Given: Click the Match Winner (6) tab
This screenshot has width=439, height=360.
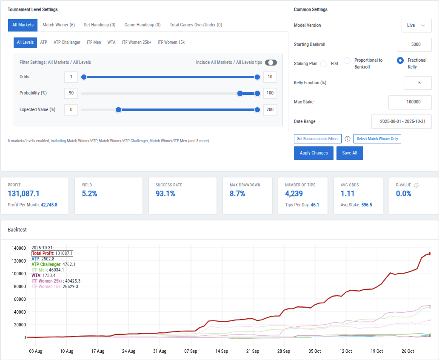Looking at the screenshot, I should (x=59, y=25).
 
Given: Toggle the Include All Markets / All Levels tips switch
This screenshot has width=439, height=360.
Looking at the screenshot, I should (x=271, y=63).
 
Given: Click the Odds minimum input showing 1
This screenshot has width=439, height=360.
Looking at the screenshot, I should (x=71, y=77).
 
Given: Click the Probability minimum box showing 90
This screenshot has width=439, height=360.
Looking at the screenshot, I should (x=71, y=93).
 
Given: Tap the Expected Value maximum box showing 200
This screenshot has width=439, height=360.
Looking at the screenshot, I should (x=270, y=110).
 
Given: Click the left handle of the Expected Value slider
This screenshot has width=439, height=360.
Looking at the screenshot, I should (x=119, y=110).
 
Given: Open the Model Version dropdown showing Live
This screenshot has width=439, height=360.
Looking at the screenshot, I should (x=416, y=26).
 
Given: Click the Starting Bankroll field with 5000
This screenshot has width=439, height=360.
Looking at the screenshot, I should (x=414, y=45).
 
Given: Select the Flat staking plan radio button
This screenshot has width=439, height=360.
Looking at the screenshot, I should (x=324, y=64).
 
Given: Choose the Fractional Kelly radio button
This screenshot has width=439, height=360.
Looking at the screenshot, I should (x=400, y=60).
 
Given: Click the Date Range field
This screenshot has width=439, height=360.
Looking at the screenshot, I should (x=401, y=122).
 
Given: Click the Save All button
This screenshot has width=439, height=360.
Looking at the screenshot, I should (x=350, y=153).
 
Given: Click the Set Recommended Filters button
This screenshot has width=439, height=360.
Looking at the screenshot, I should (x=318, y=139).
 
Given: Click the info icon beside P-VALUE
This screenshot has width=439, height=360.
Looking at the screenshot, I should (x=416, y=186).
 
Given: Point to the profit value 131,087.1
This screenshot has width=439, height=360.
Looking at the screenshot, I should (x=24, y=194).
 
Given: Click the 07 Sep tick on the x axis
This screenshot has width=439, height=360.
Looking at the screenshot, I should (x=191, y=351).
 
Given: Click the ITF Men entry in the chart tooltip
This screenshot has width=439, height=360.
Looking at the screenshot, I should (x=40, y=270).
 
